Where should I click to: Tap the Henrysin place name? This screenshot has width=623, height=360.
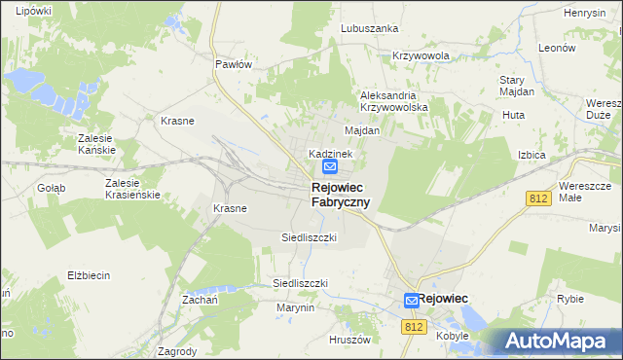click(x=586, y=13)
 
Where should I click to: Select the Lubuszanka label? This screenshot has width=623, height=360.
click(x=370, y=28)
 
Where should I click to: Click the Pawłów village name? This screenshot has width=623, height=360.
click(x=234, y=64)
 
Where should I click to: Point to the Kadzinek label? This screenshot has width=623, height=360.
click(x=331, y=154)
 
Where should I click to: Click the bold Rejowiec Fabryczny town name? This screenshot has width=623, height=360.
click(x=340, y=195)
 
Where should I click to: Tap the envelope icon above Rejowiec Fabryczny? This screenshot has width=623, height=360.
click(x=330, y=168)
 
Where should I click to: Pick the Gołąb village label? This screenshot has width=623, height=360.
click(x=51, y=188)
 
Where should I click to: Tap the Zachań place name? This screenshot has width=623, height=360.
click(x=198, y=301)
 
